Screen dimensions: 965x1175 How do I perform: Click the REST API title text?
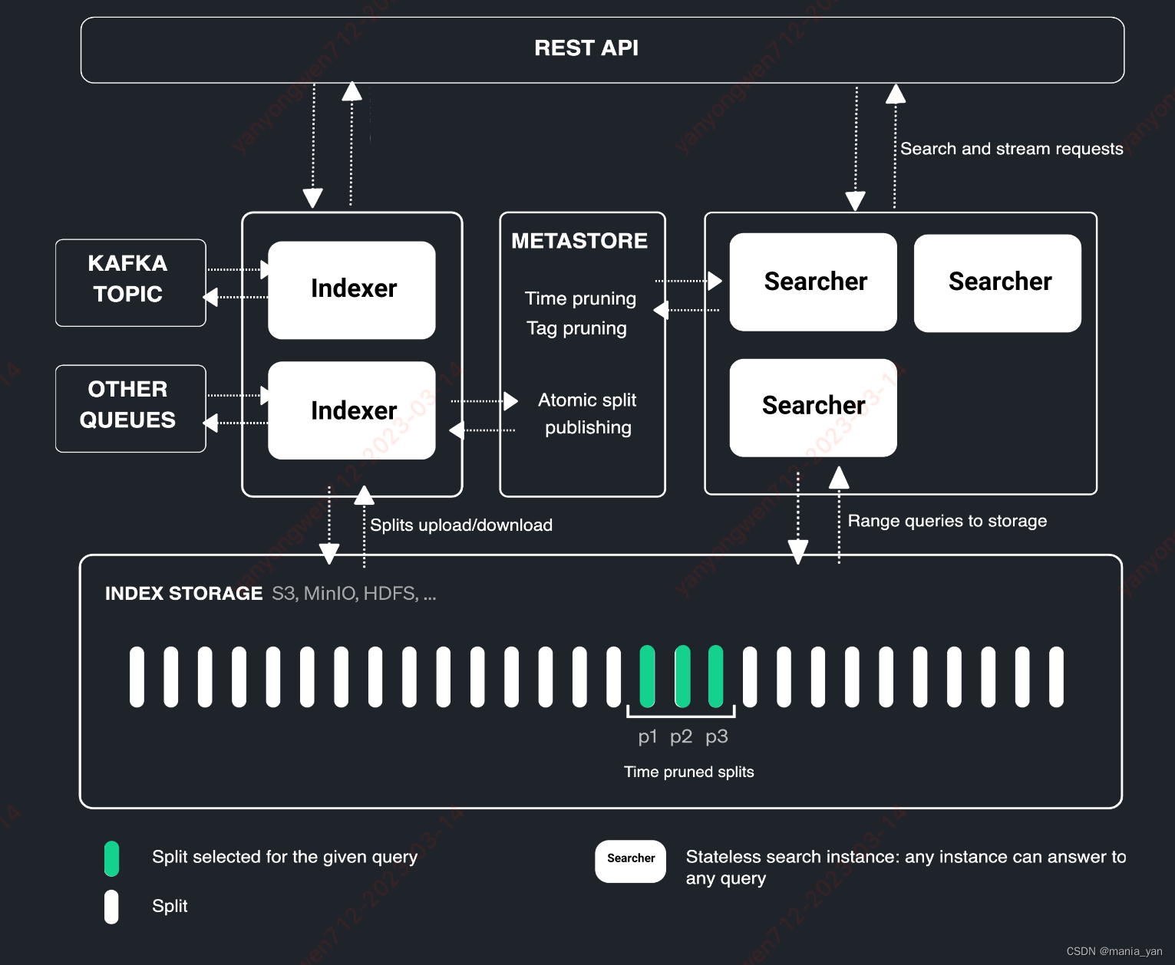click(586, 48)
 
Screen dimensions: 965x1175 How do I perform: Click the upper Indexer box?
click(352, 290)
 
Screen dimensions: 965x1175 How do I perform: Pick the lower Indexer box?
click(352, 410)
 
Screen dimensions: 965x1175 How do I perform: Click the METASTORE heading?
click(579, 241)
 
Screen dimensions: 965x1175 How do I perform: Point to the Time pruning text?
click(580, 298)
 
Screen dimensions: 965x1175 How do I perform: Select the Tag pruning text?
click(576, 328)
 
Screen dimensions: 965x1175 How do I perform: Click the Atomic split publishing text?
click(588, 413)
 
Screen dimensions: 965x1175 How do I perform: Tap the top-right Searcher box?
click(997, 282)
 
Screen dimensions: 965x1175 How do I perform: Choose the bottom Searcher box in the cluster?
click(813, 407)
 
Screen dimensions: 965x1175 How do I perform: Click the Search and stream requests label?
click(1012, 149)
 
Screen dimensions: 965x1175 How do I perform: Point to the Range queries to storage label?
click(947, 521)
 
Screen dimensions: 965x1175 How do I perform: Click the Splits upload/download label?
click(461, 525)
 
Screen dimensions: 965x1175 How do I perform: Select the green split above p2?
click(682, 677)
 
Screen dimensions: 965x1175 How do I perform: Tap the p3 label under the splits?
click(716, 736)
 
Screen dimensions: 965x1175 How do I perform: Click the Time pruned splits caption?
click(688, 772)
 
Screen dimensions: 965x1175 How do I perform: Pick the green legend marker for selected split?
click(112, 858)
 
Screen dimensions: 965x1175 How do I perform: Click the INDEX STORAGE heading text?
click(183, 594)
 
